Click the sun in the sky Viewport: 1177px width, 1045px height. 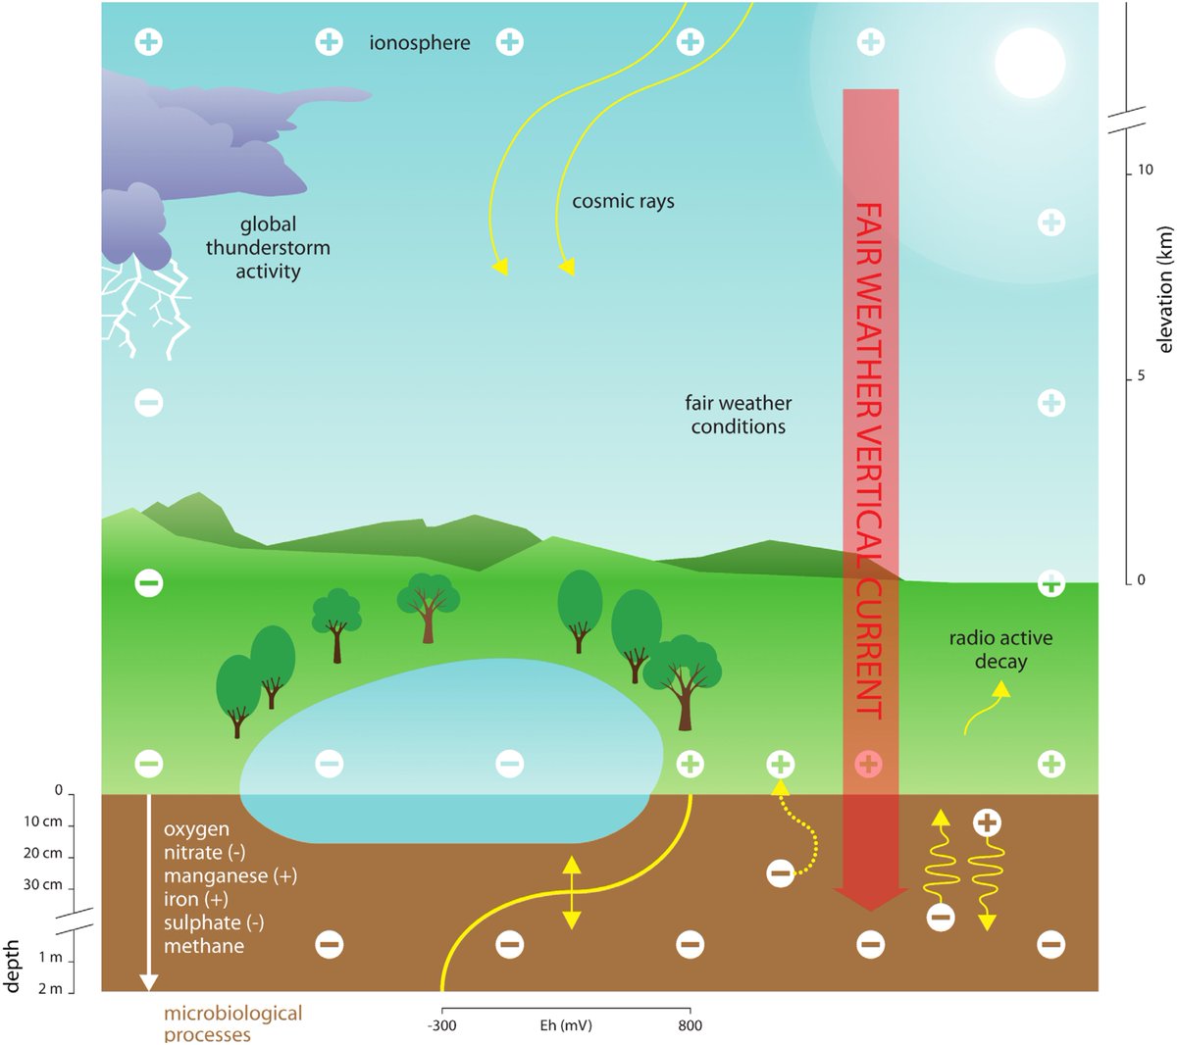click(1029, 63)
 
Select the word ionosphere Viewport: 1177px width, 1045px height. click(420, 43)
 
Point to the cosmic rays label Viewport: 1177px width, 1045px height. click(623, 202)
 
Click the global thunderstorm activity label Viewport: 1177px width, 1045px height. click(268, 248)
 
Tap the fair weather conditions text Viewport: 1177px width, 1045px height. click(738, 415)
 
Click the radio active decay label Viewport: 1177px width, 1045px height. click(1000, 650)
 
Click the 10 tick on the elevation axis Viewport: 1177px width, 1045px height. click(1145, 171)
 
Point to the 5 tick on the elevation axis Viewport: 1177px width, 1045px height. click(1141, 376)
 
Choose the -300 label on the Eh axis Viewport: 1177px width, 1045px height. click(442, 1025)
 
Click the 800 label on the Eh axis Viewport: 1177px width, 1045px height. click(690, 1025)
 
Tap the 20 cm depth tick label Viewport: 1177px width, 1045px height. click(43, 853)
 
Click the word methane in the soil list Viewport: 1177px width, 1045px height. click(204, 946)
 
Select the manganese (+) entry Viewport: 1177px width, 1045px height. click(230, 875)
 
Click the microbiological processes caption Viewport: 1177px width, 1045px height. click(232, 1022)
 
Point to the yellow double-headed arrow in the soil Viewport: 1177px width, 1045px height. click(571, 892)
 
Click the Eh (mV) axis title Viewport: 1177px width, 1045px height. click(566, 1025)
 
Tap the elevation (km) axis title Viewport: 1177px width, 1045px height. click(1164, 289)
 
